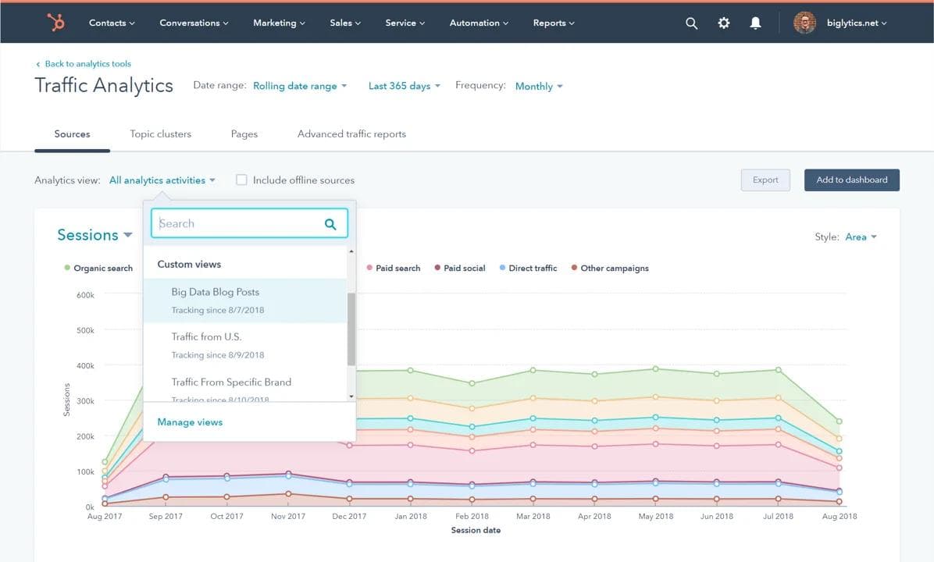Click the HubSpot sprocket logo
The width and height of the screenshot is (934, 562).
[x=56, y=23]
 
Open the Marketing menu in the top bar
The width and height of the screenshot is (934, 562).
[x=279, y=23]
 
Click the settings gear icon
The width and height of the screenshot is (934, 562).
[x=724, y=23]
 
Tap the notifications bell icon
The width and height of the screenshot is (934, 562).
[x=755, y=23]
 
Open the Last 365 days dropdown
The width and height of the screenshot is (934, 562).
[x=404, y=86]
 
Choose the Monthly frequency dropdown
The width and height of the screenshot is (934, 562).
[x=538, y=86]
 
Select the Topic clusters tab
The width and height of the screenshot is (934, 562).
[x=160, y=133]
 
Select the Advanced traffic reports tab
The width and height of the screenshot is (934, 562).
[x=351, y=133]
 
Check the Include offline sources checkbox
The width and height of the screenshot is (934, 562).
[x=242, y=180]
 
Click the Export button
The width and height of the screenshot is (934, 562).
[x=765, y=180]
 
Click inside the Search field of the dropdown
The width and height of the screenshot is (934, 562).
[x=238, y=224]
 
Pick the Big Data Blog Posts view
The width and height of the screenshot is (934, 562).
[x=216, y=292]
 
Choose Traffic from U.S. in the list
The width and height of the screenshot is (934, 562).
[x=206, y=337]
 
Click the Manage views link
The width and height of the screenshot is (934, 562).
[x=190, y=422]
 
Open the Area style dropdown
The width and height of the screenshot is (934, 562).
[x=861, y=237]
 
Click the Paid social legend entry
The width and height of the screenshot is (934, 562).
[x=464, y=268]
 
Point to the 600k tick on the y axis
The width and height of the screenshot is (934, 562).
[x=85, y=295]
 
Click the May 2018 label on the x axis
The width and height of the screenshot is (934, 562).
[x=655, y=516]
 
